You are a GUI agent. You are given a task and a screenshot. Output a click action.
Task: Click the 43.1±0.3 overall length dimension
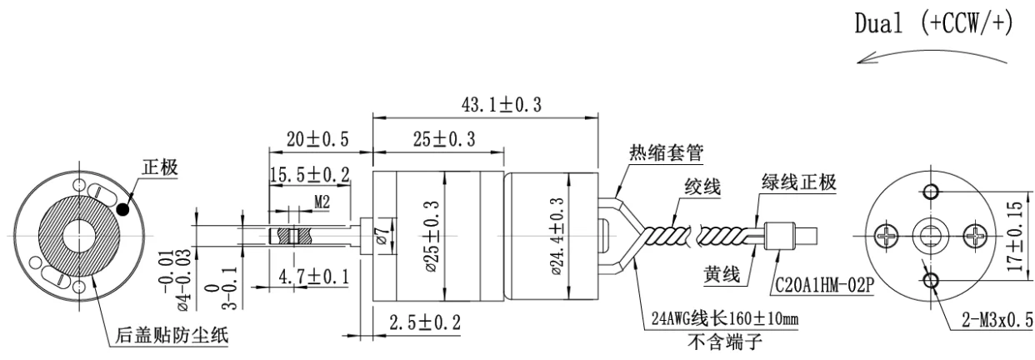pyautogui.click(x=502, y=105)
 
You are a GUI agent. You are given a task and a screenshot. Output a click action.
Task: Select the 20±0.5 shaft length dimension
pyautogui.click(x=317, y=139)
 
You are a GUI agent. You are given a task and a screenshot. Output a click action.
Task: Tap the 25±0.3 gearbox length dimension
pyautogui.click(x=444, y=139)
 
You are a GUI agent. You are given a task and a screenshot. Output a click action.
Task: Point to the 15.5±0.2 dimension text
pyautogui.click(x=309, y=175)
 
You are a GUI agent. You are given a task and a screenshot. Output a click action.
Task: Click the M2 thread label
pyautogui.click(x=322, y=202)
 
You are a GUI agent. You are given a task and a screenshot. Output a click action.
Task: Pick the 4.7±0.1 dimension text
pyautogui.click(x=313, y=277)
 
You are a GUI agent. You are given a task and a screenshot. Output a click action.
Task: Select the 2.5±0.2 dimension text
pyautogui.click(x=425, y=322)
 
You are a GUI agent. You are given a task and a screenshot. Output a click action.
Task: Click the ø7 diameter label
pyautogui.click(x=382, y=236)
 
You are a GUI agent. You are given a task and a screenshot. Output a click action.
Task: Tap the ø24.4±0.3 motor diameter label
pyautogui.click(x=557, y=237)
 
